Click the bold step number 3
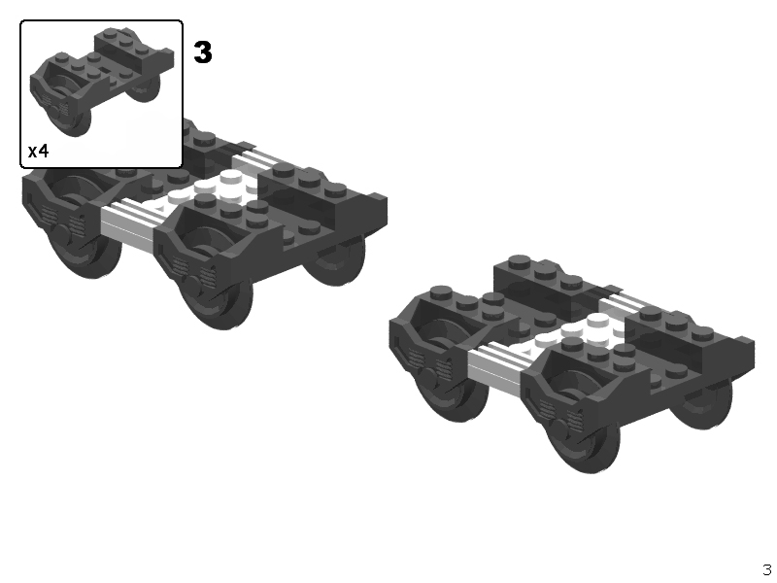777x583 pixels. click(203, 52)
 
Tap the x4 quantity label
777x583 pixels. click(39, 151)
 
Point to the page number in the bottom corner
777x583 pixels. click(767, 569)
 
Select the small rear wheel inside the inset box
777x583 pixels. click(147, 88)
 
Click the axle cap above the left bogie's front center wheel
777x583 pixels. click(193, 283)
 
